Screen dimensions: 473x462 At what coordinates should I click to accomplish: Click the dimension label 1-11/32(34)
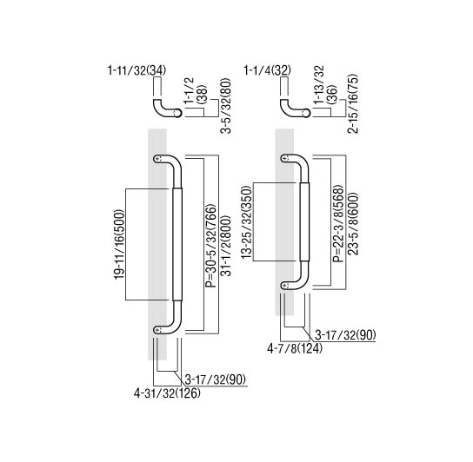pyautogui.click(x=137, y=70)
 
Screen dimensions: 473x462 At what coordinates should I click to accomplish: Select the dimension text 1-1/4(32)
pyautogui.click(x=267, y=70)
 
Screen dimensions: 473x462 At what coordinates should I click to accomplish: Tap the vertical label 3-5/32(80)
pyautogui.click(x=226, y=106)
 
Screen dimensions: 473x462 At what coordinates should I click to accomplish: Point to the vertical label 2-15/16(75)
pyautogui.click(x=353, y=103)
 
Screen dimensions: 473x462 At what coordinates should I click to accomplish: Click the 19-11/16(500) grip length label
pyautogui.click(x=119, y=244)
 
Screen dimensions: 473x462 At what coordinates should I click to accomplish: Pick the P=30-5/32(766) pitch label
pyautogui.click(x=211, y=246)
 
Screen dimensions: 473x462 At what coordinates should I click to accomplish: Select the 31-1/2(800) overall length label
pyautogui.click(x=226, y=246)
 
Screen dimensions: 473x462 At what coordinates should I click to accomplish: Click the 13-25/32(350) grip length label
pyautogui.click(x=246, y=221)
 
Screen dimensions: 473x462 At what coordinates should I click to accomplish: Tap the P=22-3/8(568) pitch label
pyautogui.click(x=338, y=223)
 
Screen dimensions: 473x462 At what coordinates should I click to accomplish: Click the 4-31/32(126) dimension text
pyautogui.click(x=167, y=393)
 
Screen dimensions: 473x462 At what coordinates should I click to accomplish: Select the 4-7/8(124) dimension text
pyautogui.click(x=295, y=349)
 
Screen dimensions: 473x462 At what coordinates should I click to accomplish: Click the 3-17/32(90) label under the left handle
pyautogui.click(x=216, y=379)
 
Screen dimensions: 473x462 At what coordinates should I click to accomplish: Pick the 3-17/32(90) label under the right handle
pyautogui.click(x=345, y=335)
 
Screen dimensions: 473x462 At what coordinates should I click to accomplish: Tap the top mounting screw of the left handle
pyautogui.click(x=158, y=159)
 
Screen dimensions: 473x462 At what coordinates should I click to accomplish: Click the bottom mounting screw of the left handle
pyautogui.click(x=158, y=330)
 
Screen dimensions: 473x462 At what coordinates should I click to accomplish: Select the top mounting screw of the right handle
pyautogui.click(x=286, y=157)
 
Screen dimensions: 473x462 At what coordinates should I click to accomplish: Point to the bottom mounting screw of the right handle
pyautogui.click(x=286, y=285)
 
